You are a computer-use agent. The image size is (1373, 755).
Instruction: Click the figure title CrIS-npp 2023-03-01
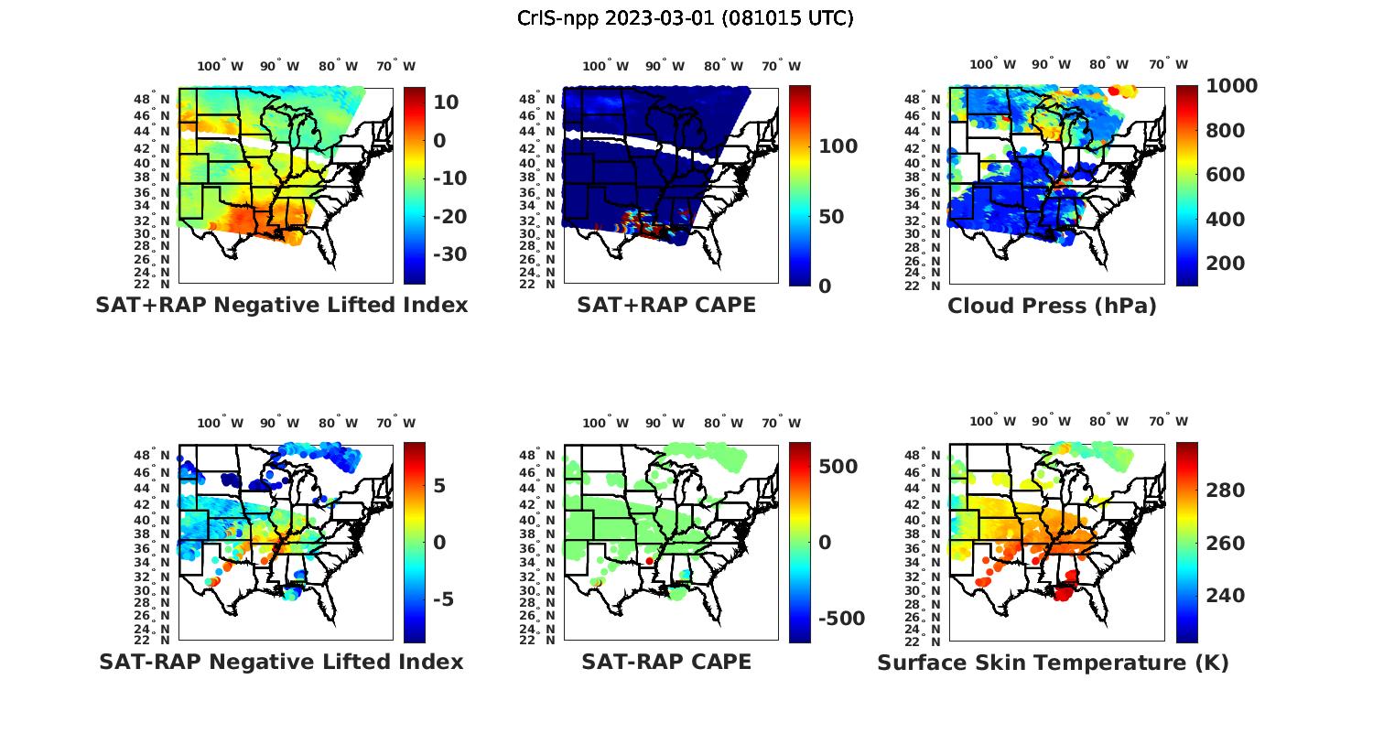686,18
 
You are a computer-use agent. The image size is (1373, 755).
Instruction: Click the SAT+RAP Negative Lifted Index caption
282,306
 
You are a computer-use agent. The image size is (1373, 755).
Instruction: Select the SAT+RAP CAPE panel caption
666,306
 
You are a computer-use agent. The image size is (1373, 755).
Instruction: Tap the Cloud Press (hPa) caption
1052,307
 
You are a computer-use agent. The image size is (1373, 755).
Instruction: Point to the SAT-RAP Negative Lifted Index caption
281,663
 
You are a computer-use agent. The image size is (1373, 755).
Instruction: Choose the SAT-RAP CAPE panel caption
666,663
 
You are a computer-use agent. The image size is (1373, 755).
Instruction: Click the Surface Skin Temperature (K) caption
1053,663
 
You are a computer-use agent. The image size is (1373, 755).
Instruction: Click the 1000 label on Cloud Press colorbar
1231,86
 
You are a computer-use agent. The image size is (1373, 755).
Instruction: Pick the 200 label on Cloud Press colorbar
1225,264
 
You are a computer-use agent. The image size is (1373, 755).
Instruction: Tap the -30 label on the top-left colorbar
450,254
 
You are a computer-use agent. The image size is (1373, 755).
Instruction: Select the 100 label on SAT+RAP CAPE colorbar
838,146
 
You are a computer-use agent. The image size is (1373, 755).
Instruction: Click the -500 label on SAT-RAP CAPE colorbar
841,619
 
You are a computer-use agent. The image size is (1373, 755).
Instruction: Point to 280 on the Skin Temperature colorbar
1225,491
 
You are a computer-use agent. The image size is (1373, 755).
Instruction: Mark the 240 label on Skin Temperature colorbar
1225,596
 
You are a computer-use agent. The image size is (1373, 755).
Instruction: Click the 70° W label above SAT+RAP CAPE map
781,66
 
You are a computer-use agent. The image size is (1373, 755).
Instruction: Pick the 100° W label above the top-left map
221,66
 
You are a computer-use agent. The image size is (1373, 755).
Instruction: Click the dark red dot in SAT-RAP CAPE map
649,560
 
